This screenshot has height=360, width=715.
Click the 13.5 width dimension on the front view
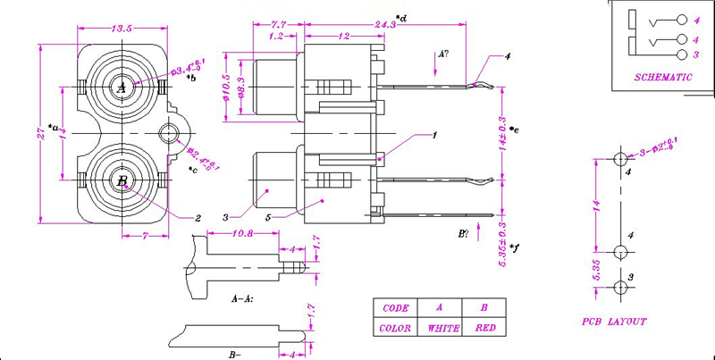click(x=122, y=29)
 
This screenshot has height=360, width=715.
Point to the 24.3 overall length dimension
click(x=386, y=24)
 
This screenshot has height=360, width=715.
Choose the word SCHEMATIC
click(x=663, y=78)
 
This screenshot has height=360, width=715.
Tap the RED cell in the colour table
click(x=484, y=328)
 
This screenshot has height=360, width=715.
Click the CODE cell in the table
click(x=395, y=308)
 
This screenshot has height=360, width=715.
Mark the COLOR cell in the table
click(x=395, y=328)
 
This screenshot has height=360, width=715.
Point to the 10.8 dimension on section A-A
click(x=242, y=234)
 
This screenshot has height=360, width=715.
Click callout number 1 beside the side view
click(x=433, y=136)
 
